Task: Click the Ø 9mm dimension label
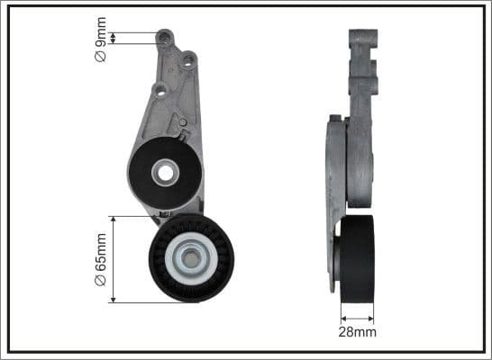pos(102,44)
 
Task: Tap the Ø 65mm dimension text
pos(102,257)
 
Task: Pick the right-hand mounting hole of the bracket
pos(188,61)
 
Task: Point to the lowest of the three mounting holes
pos(159,89)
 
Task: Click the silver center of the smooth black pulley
pos(164,173)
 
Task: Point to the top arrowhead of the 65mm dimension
pos(112,219)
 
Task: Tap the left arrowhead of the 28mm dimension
pos(342,317)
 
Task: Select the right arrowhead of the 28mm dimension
pos(373,317)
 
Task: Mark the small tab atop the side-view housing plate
pos(335,118)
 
